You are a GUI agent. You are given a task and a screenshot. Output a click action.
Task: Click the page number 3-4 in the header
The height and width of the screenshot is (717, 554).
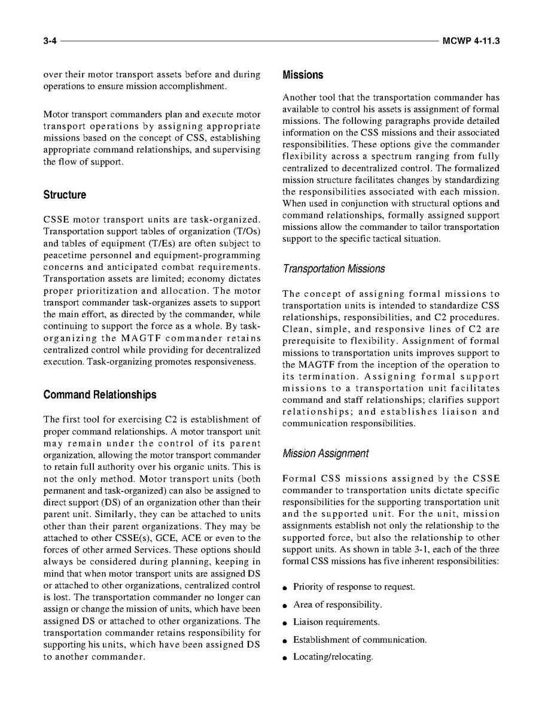click(50, 41)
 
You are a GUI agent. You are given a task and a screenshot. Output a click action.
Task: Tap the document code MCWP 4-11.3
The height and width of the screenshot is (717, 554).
click(471, 41)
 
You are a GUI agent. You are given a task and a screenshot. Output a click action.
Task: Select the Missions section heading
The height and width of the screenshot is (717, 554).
click(303, 75)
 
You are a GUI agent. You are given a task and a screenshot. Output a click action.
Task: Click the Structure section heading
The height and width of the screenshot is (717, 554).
click(65, 195)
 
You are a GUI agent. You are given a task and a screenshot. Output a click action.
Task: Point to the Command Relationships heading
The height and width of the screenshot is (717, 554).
click(100, 395)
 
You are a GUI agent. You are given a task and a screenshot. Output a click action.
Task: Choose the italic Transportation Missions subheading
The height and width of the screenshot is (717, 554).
click(334, 269)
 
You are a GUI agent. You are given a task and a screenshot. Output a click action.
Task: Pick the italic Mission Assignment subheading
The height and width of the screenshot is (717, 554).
click(325, 454)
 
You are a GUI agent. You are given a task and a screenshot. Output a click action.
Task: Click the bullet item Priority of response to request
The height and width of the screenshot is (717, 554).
click(354, 587)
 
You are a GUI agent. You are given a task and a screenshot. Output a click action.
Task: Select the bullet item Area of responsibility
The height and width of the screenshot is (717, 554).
click(337, 605)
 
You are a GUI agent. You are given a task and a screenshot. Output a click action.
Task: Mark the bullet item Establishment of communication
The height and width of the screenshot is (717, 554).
click(360, 640)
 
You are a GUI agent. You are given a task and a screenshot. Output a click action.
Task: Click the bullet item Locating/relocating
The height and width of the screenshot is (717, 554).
click(333, 657)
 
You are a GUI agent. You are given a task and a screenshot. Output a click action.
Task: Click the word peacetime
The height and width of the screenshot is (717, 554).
click(68, 256)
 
